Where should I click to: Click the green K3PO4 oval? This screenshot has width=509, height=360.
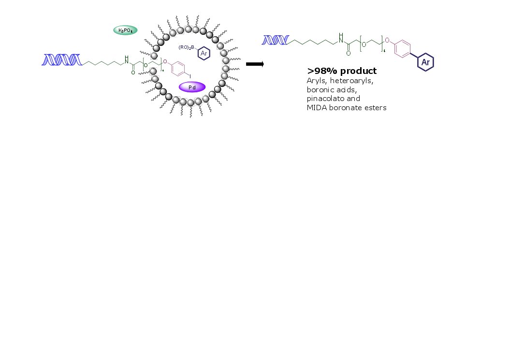coord(125,30)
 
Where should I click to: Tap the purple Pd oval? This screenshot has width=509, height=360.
coord(192,87)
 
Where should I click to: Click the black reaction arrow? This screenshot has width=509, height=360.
coord(255,64)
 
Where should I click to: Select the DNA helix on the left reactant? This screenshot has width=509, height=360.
coord(61,60)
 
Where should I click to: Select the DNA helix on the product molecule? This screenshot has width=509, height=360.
coord(275,40)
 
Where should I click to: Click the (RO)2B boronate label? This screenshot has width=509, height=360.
coord(186,47)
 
